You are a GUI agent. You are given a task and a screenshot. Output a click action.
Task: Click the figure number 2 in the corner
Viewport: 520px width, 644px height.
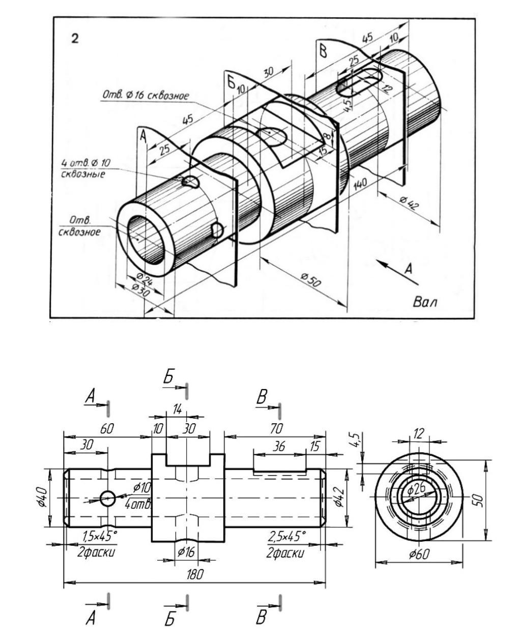(x=75, y=39)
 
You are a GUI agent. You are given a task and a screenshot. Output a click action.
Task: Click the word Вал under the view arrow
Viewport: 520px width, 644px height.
(x=425, y=302)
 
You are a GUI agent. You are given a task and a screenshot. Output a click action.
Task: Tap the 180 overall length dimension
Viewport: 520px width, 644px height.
(x=195, y=574)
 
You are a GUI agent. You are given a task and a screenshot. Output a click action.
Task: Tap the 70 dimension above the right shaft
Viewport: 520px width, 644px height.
(x=276, y=428)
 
